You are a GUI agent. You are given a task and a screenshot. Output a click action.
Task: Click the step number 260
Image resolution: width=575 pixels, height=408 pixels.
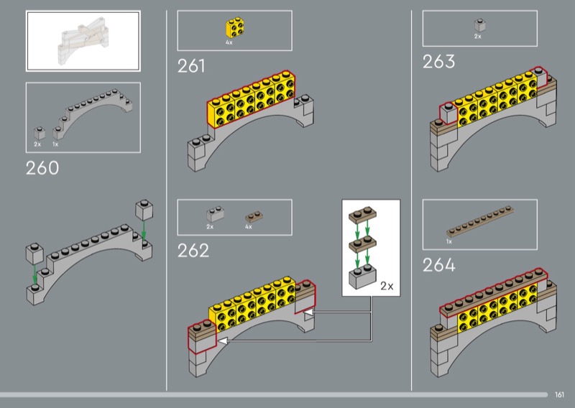click(42, 168)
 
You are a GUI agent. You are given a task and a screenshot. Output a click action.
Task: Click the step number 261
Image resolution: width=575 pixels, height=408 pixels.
click(191, 66)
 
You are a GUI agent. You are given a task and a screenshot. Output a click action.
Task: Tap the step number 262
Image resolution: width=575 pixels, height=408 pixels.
click(193, 251)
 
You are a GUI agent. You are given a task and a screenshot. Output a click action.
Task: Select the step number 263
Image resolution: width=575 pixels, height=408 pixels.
click(438, 61)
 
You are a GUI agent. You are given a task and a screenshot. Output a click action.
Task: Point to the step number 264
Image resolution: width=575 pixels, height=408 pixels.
click(439, 264)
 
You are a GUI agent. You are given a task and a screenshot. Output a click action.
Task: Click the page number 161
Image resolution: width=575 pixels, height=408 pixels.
click(559, 394)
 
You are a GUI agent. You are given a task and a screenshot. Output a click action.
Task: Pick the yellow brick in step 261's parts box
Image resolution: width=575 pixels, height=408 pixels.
click(236, 27)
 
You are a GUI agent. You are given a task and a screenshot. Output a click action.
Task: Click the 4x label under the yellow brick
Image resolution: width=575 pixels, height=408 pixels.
click(229, 42)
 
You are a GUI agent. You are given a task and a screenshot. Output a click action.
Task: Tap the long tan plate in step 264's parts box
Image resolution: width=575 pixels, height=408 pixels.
click(479, 221)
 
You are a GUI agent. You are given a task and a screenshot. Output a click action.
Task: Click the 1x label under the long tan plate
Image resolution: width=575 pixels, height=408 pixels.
click(448, 241)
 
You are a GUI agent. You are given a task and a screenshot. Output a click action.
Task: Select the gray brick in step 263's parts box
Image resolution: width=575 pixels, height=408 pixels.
click(479, 25)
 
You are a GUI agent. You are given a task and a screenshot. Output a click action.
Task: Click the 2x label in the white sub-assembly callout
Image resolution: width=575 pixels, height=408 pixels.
click(387, 286)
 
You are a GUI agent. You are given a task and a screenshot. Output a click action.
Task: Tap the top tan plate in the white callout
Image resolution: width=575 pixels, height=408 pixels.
click(363, 215)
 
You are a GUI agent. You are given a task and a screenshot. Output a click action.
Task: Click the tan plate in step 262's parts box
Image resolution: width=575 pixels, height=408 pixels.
click(254, 217)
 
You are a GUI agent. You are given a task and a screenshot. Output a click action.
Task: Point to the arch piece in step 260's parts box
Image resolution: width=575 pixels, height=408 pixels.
click(93, 113)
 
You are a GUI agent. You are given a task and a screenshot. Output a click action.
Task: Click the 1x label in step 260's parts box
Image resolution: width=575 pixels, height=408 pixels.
click(55, 144)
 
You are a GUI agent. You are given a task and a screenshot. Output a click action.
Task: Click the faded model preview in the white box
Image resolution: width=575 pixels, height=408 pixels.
click(83, 41)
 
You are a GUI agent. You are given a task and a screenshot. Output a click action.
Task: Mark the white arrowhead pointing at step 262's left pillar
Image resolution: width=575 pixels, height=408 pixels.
click(223, 341)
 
